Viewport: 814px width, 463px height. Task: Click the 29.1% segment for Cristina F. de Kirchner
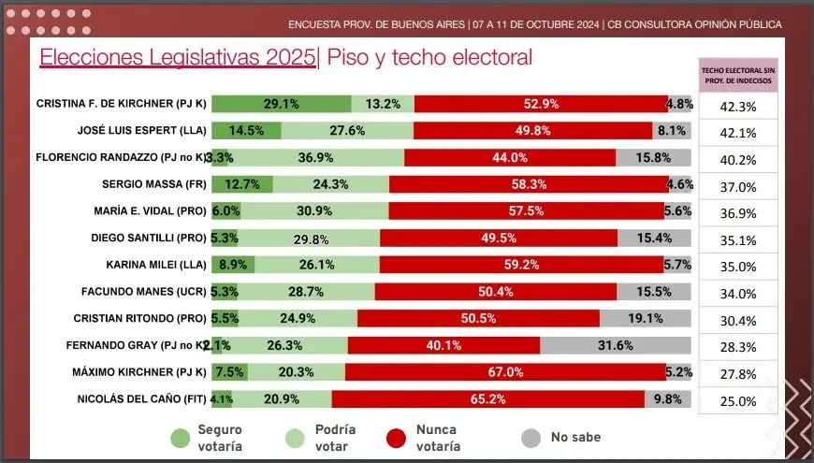point(281,104)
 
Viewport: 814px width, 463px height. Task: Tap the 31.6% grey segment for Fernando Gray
point(614,346)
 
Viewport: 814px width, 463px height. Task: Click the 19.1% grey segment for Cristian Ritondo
point(645,319)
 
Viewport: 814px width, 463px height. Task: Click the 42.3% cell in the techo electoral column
point(738,107)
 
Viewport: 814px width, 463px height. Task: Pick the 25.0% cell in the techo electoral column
point(738,402)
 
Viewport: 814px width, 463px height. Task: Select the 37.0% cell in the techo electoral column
point(738,187)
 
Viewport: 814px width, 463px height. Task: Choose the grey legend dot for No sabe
point(531,437)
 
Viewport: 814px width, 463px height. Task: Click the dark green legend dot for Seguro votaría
point(182,437)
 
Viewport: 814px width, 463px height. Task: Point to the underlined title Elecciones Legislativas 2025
point(178,58)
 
